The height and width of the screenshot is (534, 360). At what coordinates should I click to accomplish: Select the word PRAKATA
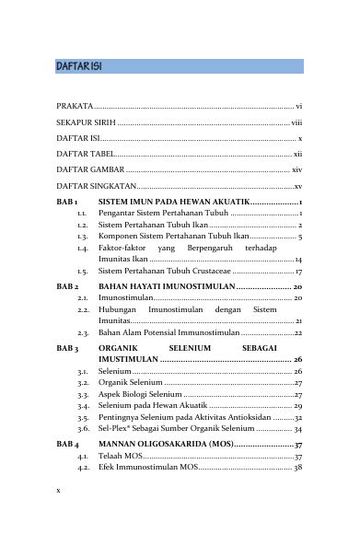pyautogui.click(x=74, y=107)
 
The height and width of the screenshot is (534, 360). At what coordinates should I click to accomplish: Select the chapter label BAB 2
pyautogui.click(x=67, y=288)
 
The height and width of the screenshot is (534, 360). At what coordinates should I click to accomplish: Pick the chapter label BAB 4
pyautogui.click(x=67, y=446)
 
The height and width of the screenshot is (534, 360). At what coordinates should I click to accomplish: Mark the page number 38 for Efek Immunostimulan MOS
pyautogui.click(x=297, y=469)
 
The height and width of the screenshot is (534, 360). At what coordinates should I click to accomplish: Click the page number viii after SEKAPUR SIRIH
pyautogui.click(x=296, y=122)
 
